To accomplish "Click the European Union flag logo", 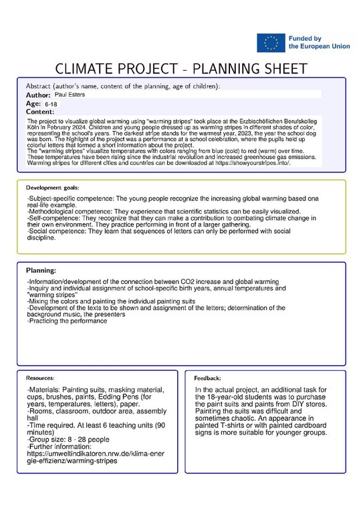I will click(270, 43).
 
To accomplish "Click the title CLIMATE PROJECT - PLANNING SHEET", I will click(180, 69).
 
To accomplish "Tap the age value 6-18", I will click(51, 105).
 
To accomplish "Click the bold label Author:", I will click(38, 96).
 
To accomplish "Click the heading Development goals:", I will click(53, 188).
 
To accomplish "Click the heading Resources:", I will click(41, 378).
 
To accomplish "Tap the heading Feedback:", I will click(207, 378).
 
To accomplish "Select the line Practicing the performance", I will click(67, 321).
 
